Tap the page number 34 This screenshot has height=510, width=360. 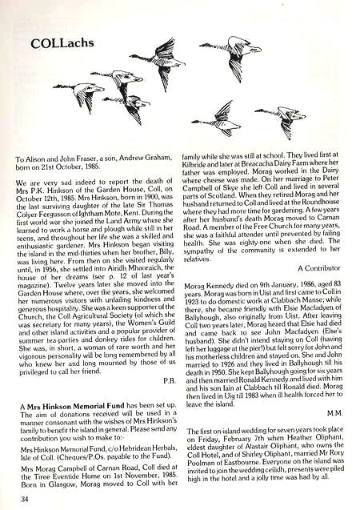coord(26,500)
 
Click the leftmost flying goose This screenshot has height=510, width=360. coord(79,94)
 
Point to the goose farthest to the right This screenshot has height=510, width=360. coord(281,118)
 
